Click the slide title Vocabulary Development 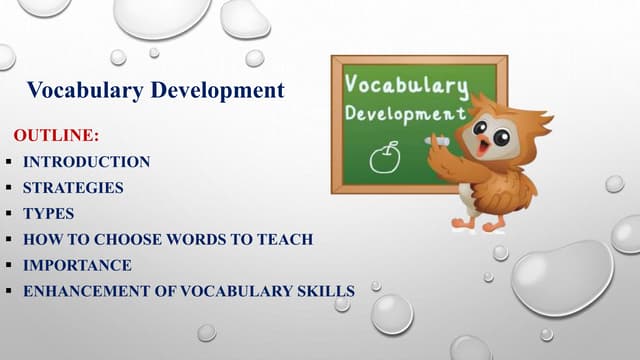click(156, 91)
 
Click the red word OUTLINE click(56, 135)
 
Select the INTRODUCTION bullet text click(87, 161)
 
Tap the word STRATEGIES click(74, 187)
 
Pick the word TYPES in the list click(48, 213)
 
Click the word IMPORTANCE click(77, 265)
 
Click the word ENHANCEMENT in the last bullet click(83, 291)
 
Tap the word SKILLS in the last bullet click(326, 291)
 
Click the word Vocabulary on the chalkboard click(405, 84)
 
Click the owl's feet click(477, 224)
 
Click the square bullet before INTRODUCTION click(8, 161)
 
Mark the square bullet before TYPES click(8, 213)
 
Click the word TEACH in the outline click(290, 239)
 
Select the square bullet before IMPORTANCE click(8, 265)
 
